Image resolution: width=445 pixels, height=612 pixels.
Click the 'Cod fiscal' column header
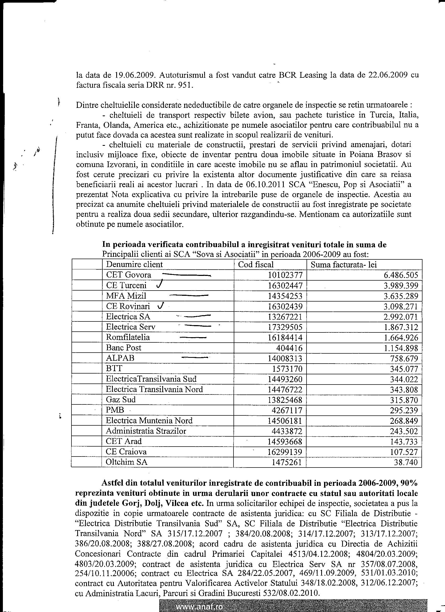pyautogui.click(x=255, y=264)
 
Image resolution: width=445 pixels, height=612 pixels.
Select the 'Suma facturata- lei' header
pyautogui.click(x=343, y=264)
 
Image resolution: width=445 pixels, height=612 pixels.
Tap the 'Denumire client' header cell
pyautogui.click(x=134, y=264)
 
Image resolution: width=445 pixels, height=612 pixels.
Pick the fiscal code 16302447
pyautogui.click(x=285, y=286)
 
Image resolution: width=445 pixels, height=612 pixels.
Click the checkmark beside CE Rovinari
pyautogui.click(x=161, y=305)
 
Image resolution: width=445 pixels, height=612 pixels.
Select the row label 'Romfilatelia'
pyautogui.click(x=128, y=337)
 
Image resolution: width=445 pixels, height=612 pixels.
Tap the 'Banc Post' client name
pyautogui.click(x=124, y=348)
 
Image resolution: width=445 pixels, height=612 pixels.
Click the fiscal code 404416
pyautogui.click(x=289, y=348)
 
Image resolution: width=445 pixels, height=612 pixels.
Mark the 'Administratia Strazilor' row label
pyautogui.click(x=146, y=431)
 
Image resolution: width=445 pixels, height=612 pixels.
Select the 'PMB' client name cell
pyautogui.click(x=115, y=410)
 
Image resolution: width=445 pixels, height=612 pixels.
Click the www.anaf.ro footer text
pyautogui.click(x=199, y=607)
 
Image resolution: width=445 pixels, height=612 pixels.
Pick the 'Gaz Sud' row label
pyautogui.click(x=121, y=400)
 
